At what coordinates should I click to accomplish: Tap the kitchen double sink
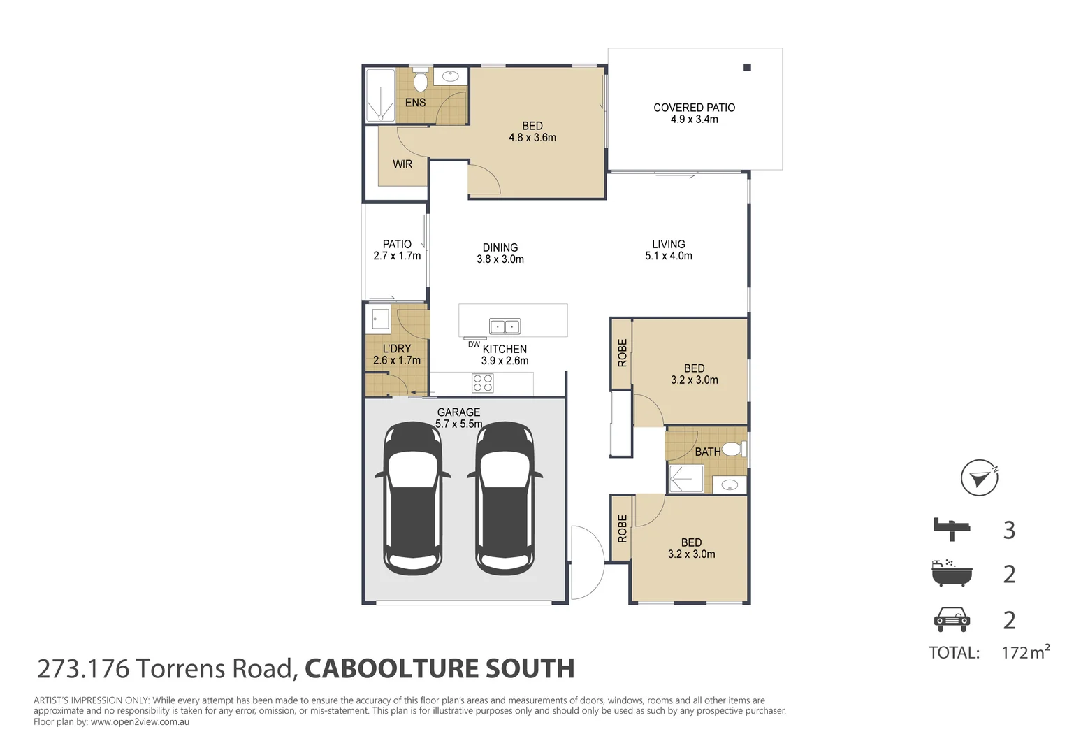[x=505, y=326]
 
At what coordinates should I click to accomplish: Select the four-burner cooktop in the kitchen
[x=483, y=383]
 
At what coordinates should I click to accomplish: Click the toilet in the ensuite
[x=420, y=81]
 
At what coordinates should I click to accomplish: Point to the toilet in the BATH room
[x=732, y=448]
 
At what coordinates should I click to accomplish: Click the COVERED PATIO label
[x=694, y=108]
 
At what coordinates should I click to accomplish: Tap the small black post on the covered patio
[x=747, y=68]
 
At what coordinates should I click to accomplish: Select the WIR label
[x=402, y=164]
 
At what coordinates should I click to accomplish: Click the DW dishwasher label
[x=474, y=344]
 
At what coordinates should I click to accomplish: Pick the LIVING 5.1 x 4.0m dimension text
[x=669, y=256]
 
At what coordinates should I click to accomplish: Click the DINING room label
[x=500, y=247]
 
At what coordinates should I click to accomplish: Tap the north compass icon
[x=978, y=478]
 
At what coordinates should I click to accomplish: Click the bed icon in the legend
[x=952, y=528]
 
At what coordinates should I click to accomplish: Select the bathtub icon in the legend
[x=952, y=573]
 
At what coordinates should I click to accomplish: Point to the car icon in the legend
[x=952, y=619]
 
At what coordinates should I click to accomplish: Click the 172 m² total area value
[x=1025, y=652]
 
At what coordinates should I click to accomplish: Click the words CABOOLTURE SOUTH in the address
[x=440, y=669]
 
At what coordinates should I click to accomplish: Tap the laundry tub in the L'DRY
[x=380, y=320]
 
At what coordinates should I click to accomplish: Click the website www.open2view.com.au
[x=140, y=721]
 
